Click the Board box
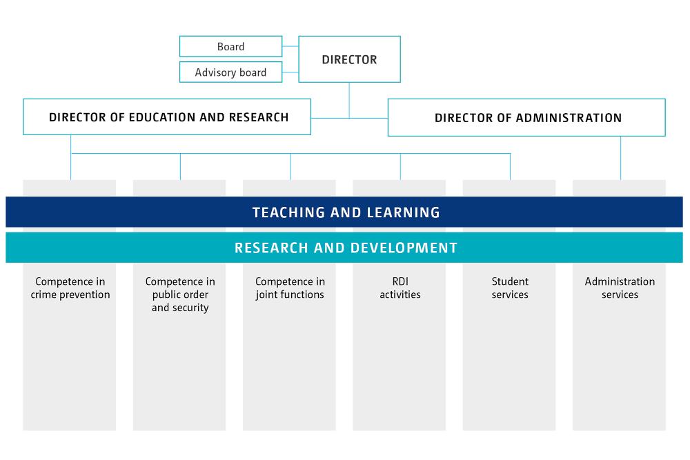pos(230,47)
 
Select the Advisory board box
pos(230,72)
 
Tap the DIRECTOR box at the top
pos(349,60)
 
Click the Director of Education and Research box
pos(168,117)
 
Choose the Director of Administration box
pos(527,118)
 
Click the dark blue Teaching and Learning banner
pos(345,212)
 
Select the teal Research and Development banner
pos(345,248)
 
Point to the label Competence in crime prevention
pos(70,288)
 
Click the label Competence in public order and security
pos(180,294)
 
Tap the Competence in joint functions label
pos(290,288)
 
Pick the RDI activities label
pos(400,288)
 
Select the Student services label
pos(510,288)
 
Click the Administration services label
pos(620,288)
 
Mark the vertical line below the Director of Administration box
pos(620,157)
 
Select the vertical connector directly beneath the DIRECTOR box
pos(349,99)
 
